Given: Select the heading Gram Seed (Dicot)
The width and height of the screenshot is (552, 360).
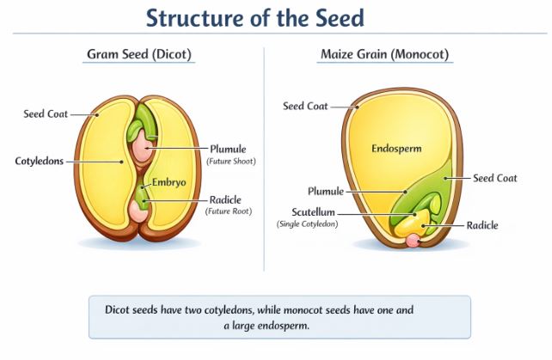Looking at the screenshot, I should [x=138, y=55].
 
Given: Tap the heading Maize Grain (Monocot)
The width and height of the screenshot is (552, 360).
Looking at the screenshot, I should [x=384, y=55].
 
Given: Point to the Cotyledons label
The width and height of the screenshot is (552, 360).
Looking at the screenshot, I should [x=40, y=161].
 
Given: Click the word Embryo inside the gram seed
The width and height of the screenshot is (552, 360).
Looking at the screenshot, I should [x=169, y=182].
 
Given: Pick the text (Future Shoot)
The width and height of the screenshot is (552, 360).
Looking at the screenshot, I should [x=231, y=161].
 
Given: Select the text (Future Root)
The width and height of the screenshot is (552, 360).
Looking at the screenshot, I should [x=229, y=211].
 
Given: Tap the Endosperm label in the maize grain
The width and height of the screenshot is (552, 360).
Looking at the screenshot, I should [x=396, y=148].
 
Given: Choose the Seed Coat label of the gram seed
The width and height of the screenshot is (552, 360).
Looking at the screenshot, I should [x=46, y=113].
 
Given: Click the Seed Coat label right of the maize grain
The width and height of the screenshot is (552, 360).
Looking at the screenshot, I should [x=494, y=178].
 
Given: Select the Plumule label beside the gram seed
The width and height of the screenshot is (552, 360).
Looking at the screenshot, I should [x=228, y=148].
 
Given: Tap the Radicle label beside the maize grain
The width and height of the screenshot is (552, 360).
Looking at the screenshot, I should [x=481, y=225].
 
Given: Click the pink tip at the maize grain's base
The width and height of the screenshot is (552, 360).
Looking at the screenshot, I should [x=414, y=241].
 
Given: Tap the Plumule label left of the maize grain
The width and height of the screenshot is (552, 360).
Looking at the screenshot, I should [x=326, y=191].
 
